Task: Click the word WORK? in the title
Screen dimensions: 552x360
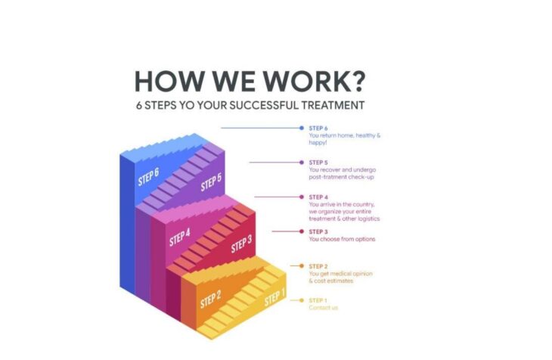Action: point(315,82)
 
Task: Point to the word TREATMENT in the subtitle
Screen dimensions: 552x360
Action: point(333,105)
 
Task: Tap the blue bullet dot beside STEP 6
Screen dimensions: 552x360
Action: point(302,128)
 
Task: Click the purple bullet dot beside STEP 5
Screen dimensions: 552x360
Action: point(302,163)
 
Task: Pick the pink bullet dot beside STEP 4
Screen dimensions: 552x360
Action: point(302,197)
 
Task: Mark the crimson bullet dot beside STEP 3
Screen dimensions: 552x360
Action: point(302,231)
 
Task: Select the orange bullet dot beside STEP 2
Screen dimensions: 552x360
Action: point(302,266)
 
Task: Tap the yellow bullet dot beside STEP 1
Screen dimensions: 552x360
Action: point(302,300)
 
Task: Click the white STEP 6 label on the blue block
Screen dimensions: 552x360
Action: point(148,176)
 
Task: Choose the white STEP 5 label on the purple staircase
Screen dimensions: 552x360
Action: point(211,182)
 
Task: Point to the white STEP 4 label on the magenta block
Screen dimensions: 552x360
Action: point(179,237)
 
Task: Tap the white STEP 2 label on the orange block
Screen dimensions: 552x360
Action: point(210,299)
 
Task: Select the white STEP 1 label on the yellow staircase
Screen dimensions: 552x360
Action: point(274,298)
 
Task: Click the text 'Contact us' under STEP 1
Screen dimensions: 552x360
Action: point(323,308)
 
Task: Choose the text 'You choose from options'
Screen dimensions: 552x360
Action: point(343,239)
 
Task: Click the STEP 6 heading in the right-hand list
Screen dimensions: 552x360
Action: point(318,129)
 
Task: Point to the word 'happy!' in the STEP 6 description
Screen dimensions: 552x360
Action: point(318,143)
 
